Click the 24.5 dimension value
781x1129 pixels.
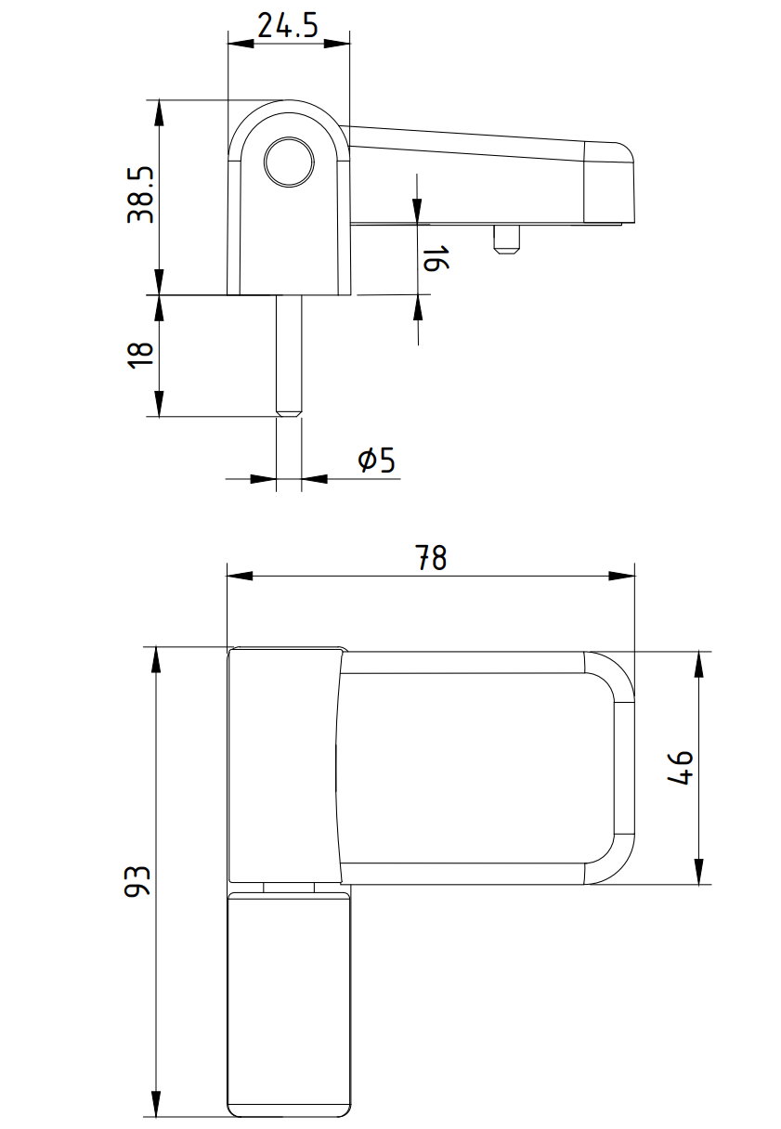pos(288,25)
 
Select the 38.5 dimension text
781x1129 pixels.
pos(141,196)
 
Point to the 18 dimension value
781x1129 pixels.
pos(139,355)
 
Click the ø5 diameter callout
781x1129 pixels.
pos(376,459)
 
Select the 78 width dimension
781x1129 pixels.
pos(431,558)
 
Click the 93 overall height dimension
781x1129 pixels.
pos(137,881)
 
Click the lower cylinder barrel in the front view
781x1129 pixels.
pos(289,1003)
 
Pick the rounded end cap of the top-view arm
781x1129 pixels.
pos(608,183)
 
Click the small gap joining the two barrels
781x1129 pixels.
pos(289,888)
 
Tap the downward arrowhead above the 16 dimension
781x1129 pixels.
pos(417,213)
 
